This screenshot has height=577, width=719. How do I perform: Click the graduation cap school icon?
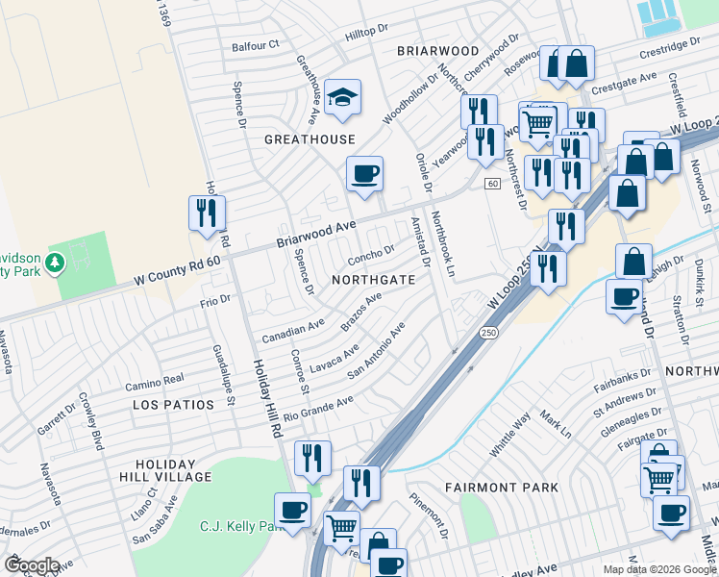pos(342,97)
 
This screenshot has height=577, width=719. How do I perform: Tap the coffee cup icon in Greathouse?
pos(364,175)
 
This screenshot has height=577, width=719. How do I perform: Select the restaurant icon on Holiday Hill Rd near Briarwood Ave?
pos(206,213)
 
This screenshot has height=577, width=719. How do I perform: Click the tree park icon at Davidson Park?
pos(56,262)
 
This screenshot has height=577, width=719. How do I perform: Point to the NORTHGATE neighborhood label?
pos(373,280)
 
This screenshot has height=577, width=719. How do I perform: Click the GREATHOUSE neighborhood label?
pos(310,139)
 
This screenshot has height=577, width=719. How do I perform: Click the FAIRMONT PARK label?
pos(502,488)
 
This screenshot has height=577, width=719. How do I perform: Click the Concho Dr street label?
pos(371,254)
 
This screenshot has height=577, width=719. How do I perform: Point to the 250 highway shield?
pos(489,332)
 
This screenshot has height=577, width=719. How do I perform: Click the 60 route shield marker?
pos(492,184)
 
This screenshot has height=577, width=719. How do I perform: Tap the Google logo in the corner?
pos(32,564)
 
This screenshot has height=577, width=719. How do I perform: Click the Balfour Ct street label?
pos(255,45)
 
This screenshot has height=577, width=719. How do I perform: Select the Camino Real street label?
pos(154,382)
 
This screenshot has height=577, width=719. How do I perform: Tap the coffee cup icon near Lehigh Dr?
pos(624,294)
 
